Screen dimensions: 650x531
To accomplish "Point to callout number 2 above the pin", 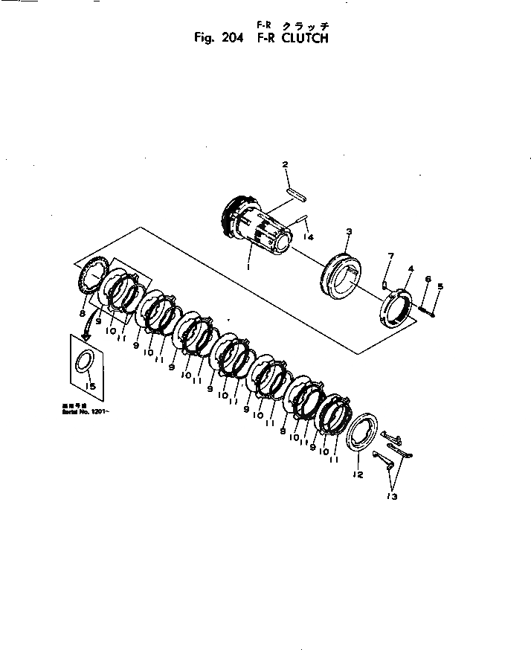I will pos(284,164).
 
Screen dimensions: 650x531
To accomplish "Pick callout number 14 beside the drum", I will pos(307,238).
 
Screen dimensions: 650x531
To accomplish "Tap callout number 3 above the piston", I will pos(348,234).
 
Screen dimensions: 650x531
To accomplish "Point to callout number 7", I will pos(389,257).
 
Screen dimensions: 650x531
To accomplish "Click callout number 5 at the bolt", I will pos(440,286).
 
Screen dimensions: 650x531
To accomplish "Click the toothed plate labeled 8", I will pos(93,277).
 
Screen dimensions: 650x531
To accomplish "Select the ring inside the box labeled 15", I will pos(85,362).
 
